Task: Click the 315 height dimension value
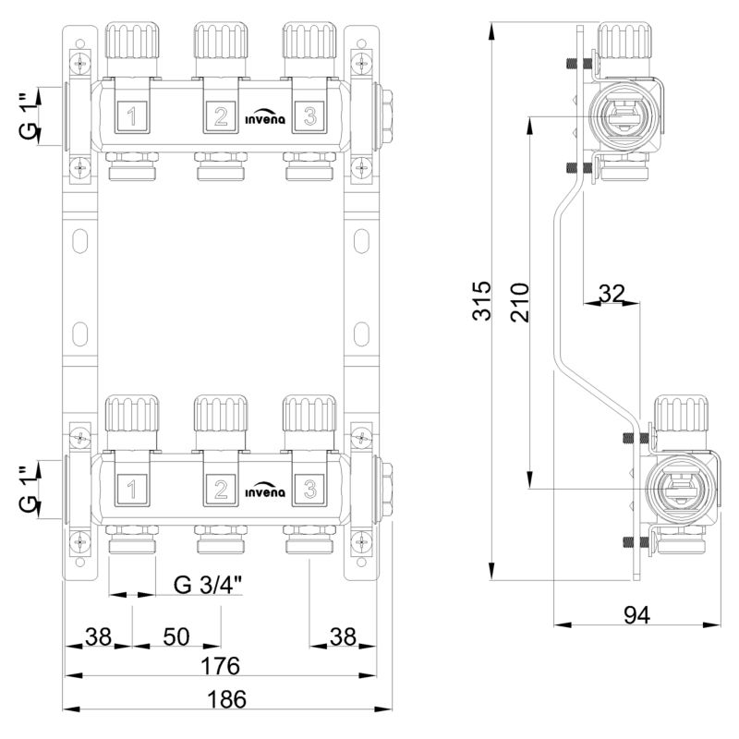coord(481,301)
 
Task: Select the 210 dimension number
coord(520,303)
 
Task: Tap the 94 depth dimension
coord(636,615)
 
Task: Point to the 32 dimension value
coord(612,294)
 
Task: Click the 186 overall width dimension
coord(227,699)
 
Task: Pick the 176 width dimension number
coord(221,666)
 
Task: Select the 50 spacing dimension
coord(176,636)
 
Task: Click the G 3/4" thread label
coord(208,585)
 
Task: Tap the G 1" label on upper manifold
coord(29,116)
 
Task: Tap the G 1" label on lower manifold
coord(29,491)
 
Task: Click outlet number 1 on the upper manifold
coord(132,116)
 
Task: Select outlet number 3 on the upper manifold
coord(309,116)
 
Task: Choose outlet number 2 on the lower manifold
coord(221,491)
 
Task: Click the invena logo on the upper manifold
coord(265,118)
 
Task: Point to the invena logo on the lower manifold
coord(265,491)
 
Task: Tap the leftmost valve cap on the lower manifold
coord(132,414)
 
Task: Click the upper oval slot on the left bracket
coord(80,240)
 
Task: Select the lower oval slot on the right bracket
coord(361,334)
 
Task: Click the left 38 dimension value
coord(99,636)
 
